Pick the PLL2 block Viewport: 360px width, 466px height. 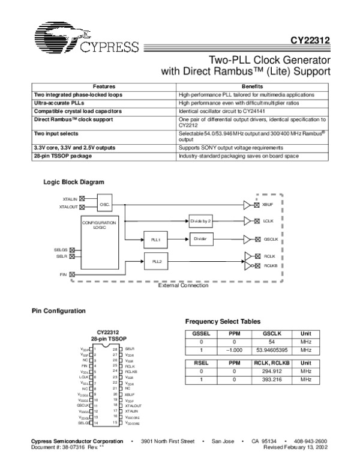(x=155, y=262)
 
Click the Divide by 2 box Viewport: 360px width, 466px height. (x=202, y=220)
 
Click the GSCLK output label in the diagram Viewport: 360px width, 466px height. (x=271, y=238)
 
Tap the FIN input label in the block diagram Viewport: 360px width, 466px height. (x=63, y=274)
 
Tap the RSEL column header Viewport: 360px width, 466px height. (x=198, y=363)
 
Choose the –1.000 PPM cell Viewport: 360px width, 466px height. (x=234, y=350)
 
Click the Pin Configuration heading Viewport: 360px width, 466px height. (x=59, y=310)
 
